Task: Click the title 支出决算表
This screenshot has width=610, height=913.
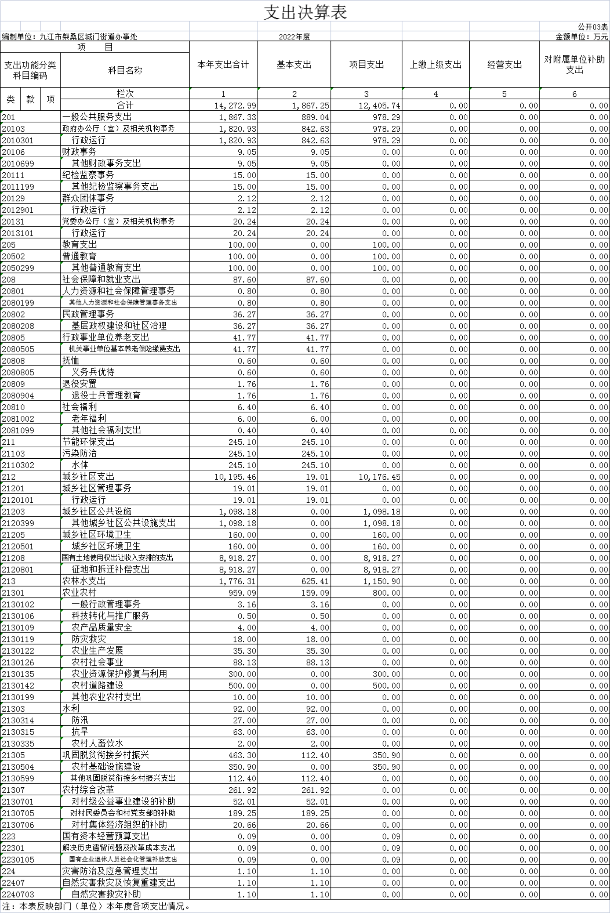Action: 305,12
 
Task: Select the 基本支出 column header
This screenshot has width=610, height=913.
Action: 294,65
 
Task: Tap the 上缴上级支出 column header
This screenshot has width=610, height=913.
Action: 435,65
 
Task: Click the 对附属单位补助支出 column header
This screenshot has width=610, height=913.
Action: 574,65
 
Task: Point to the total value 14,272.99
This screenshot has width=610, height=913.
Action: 235,105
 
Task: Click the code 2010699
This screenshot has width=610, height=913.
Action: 18,164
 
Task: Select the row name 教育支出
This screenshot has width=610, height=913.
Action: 80,245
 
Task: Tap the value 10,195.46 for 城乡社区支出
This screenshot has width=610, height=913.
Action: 235,477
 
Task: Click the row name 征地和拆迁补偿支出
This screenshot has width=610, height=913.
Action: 111,569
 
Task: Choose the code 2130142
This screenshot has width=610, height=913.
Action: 18,685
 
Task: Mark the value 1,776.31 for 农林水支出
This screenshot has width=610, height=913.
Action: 237,581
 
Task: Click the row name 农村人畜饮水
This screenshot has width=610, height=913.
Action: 97,744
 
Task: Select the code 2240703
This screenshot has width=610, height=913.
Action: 18,894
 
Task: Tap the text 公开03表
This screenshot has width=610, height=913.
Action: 592,27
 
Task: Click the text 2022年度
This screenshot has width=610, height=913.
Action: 294,36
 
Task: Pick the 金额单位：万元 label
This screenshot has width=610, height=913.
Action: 581,36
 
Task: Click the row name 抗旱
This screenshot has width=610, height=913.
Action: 80,732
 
